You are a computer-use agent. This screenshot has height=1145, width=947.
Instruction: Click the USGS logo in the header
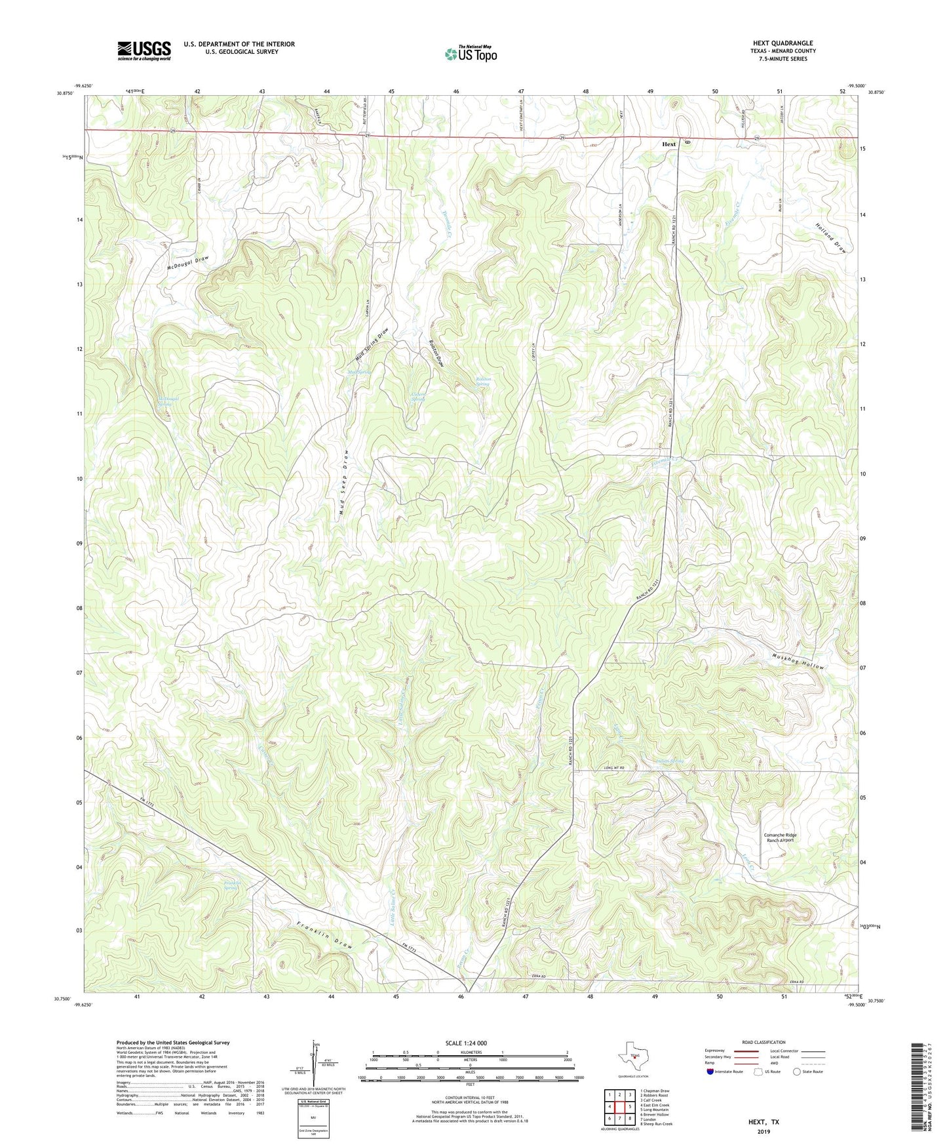click(144, 50)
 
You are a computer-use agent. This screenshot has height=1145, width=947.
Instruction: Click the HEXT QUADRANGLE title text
click(783, 43)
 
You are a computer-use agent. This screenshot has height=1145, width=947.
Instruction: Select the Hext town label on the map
click(668, 144)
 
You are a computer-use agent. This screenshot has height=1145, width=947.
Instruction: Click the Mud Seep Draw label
click(344, 485)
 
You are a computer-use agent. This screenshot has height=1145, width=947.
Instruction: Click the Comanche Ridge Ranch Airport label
click(779, 837)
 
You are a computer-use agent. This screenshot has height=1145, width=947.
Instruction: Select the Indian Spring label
click(665, 761)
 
